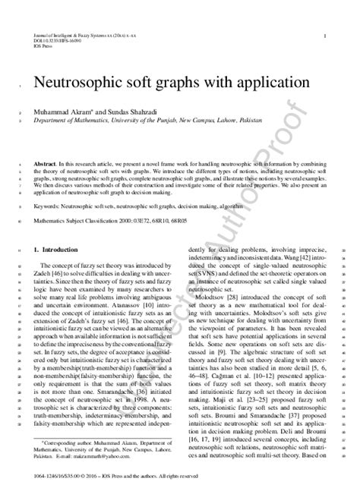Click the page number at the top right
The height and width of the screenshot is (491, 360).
tap(325, 36)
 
